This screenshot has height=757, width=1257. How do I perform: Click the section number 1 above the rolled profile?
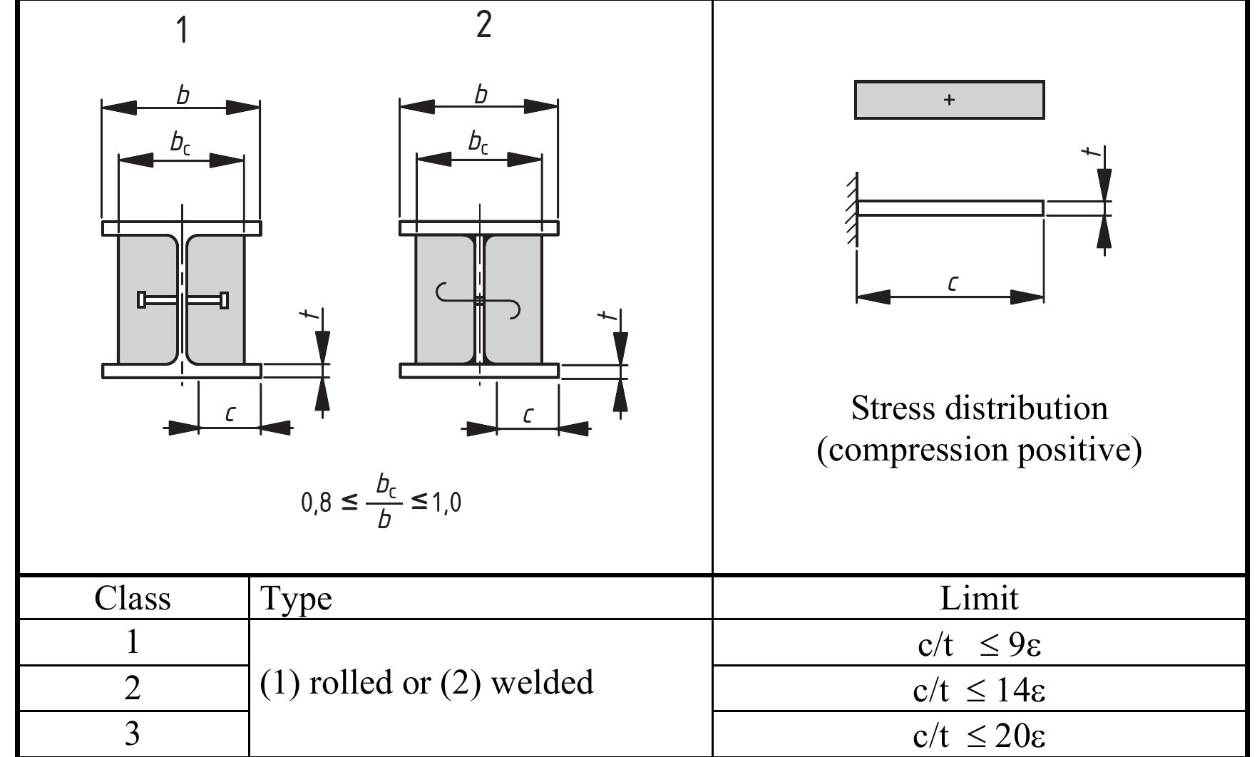pos(183,31)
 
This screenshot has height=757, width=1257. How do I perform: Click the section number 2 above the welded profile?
pos(483,25)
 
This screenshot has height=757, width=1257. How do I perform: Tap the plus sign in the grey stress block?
pos(949,100)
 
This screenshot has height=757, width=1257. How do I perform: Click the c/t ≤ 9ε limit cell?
pos(979,644)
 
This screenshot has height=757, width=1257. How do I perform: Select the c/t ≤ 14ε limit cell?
pos(979,690)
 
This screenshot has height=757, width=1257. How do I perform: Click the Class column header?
pos(133,598)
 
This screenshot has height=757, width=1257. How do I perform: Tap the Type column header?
pos(296,599)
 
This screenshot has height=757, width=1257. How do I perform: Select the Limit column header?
pos(979,598)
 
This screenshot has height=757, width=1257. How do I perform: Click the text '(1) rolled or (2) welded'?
pos(426,683)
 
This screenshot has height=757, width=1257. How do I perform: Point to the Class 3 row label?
pos(133,734)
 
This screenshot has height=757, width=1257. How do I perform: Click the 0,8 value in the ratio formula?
pos(316,503)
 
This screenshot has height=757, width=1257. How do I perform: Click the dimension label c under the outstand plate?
pos(953,283)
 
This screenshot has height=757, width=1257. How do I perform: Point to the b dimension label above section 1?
pos(183,95)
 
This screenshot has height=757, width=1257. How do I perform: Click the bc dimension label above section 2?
pos(478,142)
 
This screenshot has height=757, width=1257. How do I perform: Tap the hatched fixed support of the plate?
pos(851,208)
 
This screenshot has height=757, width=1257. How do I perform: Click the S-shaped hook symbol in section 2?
pos(478,300)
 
